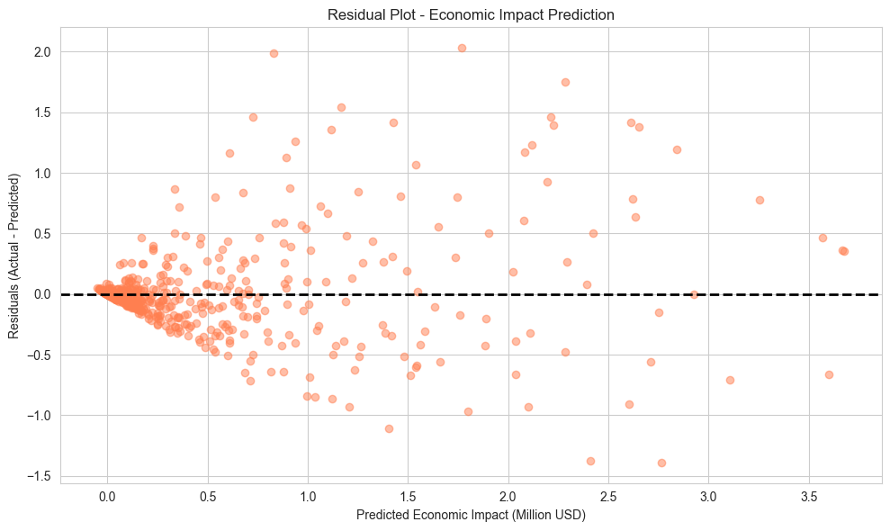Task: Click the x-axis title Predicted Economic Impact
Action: pos(471,516)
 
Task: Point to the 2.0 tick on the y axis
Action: pos(41,52)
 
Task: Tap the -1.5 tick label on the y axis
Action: pos(39,475)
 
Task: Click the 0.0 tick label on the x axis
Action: pos(107,497)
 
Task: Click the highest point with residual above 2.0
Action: pos(462,48)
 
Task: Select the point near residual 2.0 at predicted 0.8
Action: pos(274,53)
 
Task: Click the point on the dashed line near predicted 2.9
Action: pos(693,294)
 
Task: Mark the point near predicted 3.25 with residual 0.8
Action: pos(760,200)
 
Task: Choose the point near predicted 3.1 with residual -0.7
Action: pos(730,380)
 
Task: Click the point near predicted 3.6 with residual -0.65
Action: pos(829,374)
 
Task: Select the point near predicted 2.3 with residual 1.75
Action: pos(565,82)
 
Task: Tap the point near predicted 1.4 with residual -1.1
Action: pos(389,428)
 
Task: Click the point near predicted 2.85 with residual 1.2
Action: pos(677,149)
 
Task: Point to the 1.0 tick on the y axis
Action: pos(41,173)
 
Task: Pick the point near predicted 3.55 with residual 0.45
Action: pos(823,238)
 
